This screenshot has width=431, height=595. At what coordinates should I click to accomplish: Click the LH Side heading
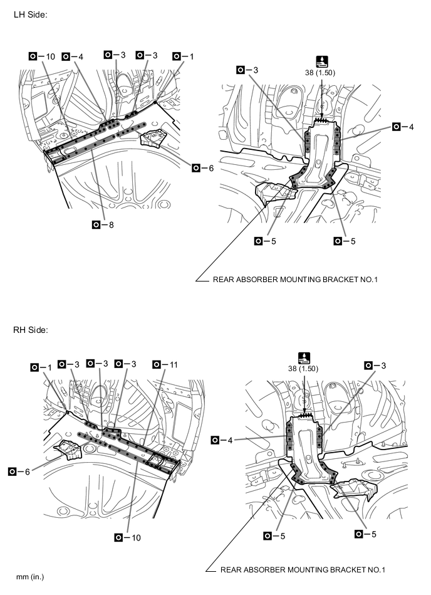click(x=30, y=15)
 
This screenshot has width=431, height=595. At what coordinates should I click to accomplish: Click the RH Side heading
click(x=31, y=330)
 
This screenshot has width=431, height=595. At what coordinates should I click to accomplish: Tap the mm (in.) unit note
click(x=30, y=577)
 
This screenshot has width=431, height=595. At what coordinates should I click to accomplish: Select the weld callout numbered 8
click(x=103, y=224)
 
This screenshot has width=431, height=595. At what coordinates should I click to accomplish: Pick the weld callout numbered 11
click(x=165, y=365)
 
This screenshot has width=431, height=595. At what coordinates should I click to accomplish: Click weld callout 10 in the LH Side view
click(x=42, y=56)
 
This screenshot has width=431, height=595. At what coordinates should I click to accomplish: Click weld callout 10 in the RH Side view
click(x=127, y=537)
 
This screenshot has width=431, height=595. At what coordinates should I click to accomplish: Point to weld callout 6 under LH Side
click(x=203, y=168)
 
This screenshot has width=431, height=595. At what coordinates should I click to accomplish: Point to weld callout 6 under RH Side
click(x=19, y=471)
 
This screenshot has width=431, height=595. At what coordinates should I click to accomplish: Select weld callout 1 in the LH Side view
click(x=183, y=56)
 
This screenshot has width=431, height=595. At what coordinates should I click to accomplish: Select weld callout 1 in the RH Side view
click(x=41, y=367)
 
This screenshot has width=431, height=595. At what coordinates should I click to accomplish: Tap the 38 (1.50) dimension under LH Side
click(x=320, y=73)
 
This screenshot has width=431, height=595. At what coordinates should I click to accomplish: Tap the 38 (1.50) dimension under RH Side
click(x=303, y=369)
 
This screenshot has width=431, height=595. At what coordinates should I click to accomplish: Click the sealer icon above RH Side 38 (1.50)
click(x=304, y=358)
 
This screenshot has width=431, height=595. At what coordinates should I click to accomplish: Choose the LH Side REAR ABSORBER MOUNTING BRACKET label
click(x=295, y=280)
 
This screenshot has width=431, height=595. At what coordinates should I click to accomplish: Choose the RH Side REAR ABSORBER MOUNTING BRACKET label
click(x=303, y=569)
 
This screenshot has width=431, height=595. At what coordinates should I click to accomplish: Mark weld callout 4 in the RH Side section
click(x=222, y=440)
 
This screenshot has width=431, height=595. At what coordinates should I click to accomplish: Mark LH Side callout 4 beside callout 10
click(x=73, y=56)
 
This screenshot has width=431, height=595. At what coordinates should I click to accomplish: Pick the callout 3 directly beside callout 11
click(x=125, y=364)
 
